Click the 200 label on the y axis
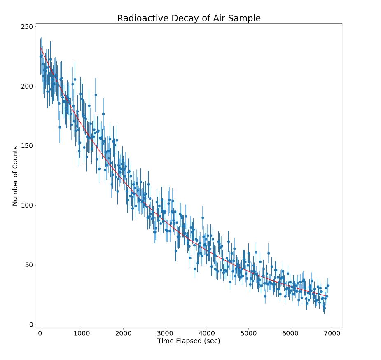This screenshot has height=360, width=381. pyautogui.click(x=27, y=86)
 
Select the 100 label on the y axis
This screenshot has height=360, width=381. pyautogui.click(x=27, y=206)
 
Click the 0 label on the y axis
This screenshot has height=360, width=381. pyautogui.click(x=31, y=325)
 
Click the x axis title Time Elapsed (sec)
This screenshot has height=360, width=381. pyautogui.click(x=189, y=341)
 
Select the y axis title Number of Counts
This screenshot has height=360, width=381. pyautogui.click(x=15, y=176)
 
